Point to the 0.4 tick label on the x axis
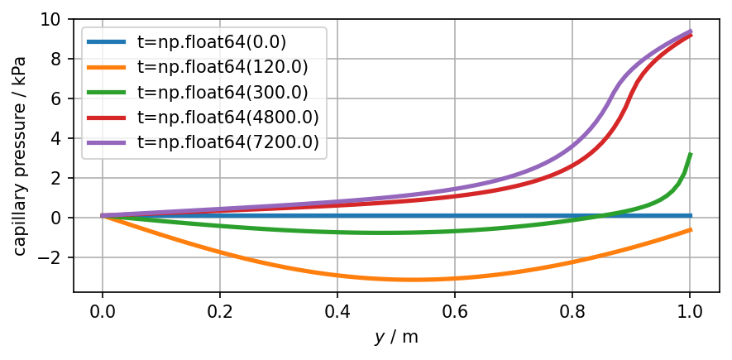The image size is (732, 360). coord(337,313)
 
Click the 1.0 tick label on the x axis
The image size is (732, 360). coord(690,313)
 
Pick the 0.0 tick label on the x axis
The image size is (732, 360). coord(103,313)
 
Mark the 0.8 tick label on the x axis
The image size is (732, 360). coord(572,313)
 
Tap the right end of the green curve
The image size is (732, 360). coord(690,154)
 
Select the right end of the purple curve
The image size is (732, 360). coord(690,31)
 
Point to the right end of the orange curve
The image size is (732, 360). coord(690,229)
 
